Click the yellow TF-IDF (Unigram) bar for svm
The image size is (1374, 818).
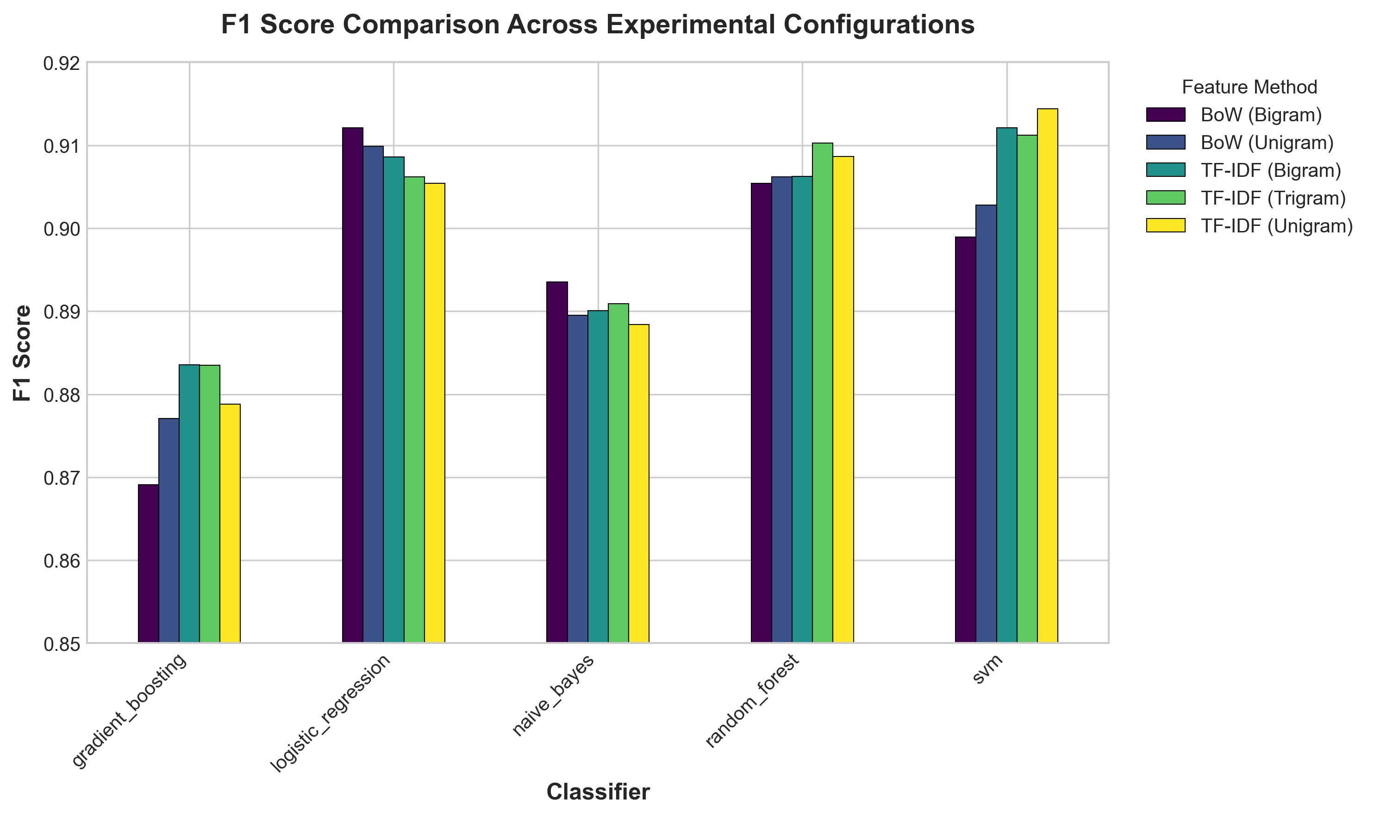coord(1047,375)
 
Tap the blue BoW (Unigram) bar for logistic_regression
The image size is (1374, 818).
coord(373,394)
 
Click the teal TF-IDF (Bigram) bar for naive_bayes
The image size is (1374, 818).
coord(598,476)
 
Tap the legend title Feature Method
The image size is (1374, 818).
coord(1249,87)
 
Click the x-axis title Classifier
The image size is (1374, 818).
coord(598,792)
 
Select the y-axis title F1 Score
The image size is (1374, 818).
coord(23,353)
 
